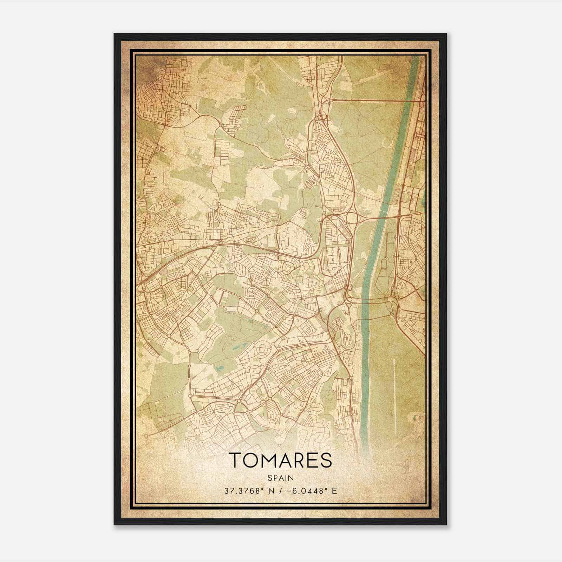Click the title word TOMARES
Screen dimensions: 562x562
[280, 460]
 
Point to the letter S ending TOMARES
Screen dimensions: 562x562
[326, 460]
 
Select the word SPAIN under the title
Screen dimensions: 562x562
[280, 478]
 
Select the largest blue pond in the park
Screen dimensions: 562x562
[220, 369]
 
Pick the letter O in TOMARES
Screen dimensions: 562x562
[250, 460]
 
